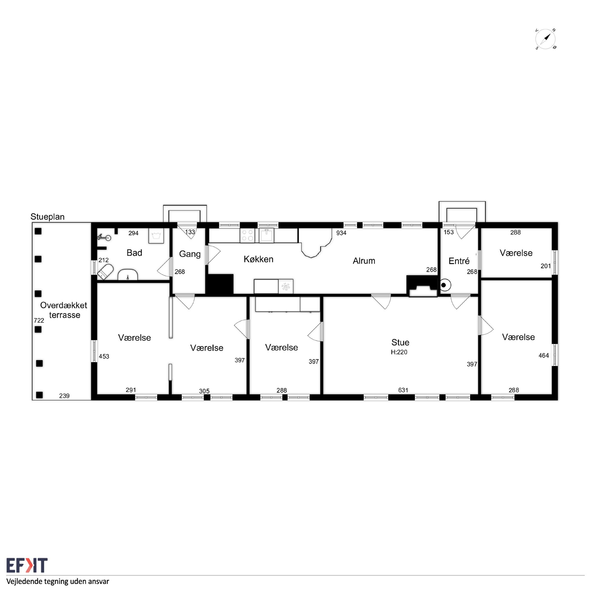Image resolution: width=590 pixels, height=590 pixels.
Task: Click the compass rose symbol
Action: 545,39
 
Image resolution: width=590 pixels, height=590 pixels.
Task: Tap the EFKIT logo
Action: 27,565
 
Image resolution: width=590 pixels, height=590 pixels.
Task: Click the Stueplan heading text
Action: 47,216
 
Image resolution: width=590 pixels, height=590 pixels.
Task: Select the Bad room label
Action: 134,253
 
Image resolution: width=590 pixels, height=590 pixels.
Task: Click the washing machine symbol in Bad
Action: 156,236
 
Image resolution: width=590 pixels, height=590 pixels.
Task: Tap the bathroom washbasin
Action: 128,275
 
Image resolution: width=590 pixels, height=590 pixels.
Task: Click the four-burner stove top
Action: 247,236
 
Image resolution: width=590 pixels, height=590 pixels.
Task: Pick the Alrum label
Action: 364,261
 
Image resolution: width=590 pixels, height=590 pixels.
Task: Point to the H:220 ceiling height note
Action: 399,352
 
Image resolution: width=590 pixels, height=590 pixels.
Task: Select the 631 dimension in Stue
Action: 403,390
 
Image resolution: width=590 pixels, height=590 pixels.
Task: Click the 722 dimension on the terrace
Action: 39,320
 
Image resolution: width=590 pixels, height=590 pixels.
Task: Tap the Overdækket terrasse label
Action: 64,310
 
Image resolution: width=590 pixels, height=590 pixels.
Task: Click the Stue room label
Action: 400,342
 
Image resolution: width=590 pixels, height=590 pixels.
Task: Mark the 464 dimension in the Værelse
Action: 543,355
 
